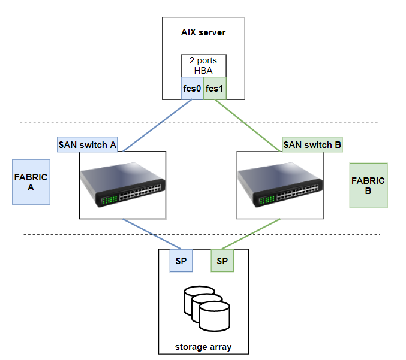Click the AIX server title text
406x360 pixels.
(203, 32)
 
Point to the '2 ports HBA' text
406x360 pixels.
(203, 65)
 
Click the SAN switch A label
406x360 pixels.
(87, 144)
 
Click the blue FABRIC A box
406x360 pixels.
(31, 182)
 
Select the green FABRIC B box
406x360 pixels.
(368, 185)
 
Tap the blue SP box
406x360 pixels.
(181, 261)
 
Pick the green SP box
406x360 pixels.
(222, 261)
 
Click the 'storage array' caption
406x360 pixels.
(203, 347)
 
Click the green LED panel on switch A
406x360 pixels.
(109, 199)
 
